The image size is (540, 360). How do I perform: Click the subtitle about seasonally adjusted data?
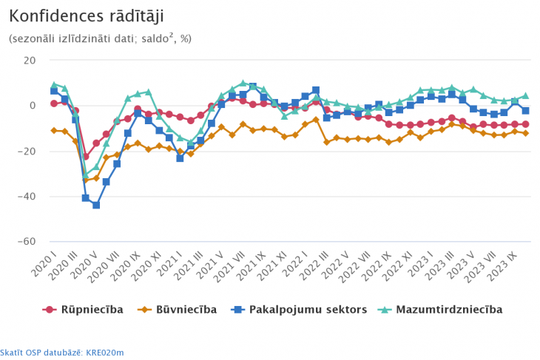pyautogui.click(x=100, y=38)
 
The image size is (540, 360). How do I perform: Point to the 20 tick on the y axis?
pyautogui.click(x=30, y=60)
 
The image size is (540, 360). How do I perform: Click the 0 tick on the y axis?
pyautogui.click(x=33, y=106)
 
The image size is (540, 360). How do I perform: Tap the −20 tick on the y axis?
pyautogui.click(x=28, y=152)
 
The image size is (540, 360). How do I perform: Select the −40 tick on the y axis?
pyautogui.click(x=28, y=197)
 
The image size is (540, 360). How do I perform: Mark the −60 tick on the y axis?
pyautogui.click(x=28, y=242)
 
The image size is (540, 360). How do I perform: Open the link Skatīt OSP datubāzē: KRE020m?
pyautogui.click(x=62, y=352)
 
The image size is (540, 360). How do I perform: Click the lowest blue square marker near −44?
pyautogui.click(x=96, y=205)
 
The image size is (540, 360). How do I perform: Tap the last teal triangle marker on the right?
pyautogui.click(x=525, y=95)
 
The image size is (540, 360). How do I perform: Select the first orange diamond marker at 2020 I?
pyautogui.click(x=54, y=130)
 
